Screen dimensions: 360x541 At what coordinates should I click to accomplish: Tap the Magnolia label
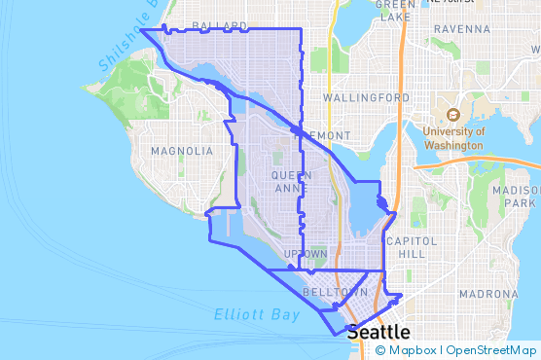point(182,151)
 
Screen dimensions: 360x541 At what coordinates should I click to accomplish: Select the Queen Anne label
point(291,181)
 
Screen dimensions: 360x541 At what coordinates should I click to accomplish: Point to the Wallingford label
point(366,98)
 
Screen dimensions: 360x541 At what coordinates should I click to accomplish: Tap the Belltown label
point(335,292)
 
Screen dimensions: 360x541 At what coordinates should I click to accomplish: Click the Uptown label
point(306,254)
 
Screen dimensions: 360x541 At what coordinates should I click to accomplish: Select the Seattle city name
point(379,332)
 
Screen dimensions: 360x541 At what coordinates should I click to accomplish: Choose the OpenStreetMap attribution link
point(491,350)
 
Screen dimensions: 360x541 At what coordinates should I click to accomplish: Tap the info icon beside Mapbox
point(379,350)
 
